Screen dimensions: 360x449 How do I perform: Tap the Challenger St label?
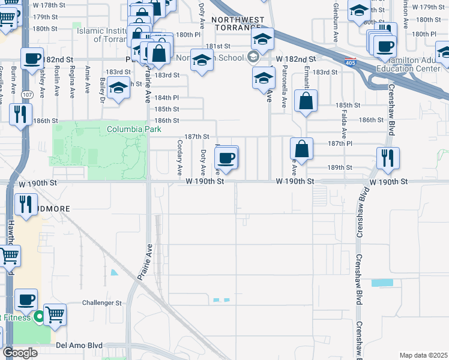[102, 303]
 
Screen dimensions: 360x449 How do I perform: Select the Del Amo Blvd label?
[79, 346]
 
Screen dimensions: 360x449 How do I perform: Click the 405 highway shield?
[350, 62]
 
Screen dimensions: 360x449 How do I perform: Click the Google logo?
[20, 353]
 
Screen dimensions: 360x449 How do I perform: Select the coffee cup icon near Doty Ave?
[226, 158]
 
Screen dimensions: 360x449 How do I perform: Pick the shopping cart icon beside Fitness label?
[55, 313]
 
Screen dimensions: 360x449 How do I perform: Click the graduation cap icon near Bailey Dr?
[119, 89]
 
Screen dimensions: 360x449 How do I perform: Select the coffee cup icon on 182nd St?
[32, 59]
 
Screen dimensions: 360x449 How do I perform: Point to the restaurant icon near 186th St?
[20, 114]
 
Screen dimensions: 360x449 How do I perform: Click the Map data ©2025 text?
[423, 355]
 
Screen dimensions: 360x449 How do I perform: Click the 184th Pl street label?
[167, 97]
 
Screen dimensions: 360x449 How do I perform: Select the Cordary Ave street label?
[179, 157]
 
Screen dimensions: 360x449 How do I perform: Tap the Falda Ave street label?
[345, 125]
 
